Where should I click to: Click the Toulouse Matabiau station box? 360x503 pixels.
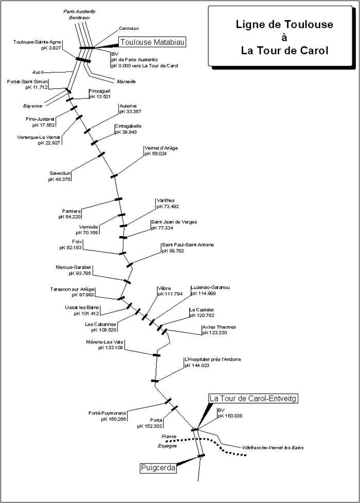click(152, 42)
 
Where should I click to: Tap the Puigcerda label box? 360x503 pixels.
click(158, 468)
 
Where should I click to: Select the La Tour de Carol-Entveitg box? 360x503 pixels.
click(253, 399)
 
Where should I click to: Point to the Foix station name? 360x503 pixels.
click(77, 242)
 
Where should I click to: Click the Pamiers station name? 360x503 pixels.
click(71, 211)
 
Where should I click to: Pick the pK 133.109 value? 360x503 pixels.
click(111, 348)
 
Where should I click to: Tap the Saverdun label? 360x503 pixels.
click(60, 173)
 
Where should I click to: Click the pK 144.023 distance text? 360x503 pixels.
click(197, 365)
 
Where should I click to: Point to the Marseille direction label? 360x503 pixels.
click(126, 82)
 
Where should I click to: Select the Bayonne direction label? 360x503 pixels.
click(32, 106)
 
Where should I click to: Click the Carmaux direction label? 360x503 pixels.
click(129, 28)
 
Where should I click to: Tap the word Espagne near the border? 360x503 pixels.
click(168, 446)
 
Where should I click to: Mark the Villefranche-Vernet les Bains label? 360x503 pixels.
click(273, 447)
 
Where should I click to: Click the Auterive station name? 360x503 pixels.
click(128, 106)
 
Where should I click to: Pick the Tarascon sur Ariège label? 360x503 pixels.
click(72, 290)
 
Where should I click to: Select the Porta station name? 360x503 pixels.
click(156, 420)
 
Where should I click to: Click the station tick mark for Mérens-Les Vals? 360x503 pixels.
click(156, 355)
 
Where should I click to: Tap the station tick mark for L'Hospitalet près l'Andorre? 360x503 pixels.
click(155, 381)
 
